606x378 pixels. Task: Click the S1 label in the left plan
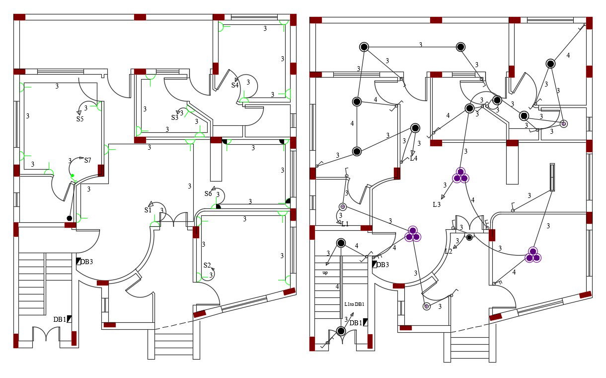click(148, 210)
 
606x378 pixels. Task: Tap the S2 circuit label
click(207, 265)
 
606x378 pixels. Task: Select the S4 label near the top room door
click(235, 85)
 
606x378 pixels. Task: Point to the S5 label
click(80, 119)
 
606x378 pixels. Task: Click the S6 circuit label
click(208, 193)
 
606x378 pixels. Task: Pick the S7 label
click(87, 160)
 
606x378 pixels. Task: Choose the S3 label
click(175, 118)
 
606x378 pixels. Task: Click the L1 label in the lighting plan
click(345, 224)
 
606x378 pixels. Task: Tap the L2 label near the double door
click(448, 252)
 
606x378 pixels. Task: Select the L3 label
click(437, 204)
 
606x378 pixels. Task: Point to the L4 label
click(413, 159)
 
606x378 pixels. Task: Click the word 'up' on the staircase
click(325, 273)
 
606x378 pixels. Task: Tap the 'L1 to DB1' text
click(354, 304)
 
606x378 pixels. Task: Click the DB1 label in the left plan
click(60, 319)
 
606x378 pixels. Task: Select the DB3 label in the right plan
click(382, 265)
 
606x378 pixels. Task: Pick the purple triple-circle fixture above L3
click(460, 176)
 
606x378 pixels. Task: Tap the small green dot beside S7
click(73, 176)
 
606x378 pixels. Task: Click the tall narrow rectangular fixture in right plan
click(552, 177)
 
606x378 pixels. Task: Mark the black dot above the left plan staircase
click(70, 218)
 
